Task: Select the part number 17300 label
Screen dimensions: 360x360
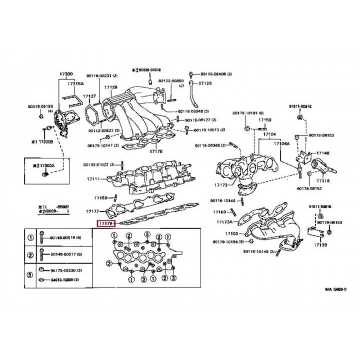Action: click(x=67, y=73)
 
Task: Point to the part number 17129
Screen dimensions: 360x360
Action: click(x=111, y=87)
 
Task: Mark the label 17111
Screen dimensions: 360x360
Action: click(x=94, y=179)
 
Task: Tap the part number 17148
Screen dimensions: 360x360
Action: click(x=323, y=153)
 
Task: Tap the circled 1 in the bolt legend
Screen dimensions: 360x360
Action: click(x=31, y=238)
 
